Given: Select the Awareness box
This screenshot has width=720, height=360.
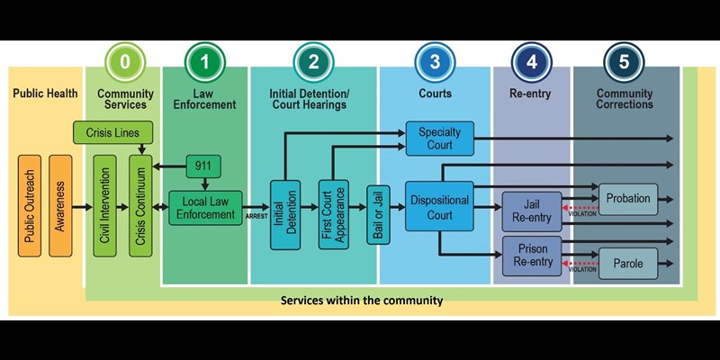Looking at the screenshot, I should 61,206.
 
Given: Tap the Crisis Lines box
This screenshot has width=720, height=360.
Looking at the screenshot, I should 112,132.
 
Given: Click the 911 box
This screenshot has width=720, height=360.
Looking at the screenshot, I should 203,166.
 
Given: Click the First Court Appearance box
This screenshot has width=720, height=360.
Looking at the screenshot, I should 333,213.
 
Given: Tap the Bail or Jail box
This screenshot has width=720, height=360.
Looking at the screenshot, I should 379,213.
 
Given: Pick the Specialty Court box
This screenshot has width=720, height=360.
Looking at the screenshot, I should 440,139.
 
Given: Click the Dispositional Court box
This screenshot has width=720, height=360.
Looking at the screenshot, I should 440,207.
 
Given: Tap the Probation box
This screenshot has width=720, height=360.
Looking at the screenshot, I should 628,199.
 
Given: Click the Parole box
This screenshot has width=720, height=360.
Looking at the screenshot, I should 628,264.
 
